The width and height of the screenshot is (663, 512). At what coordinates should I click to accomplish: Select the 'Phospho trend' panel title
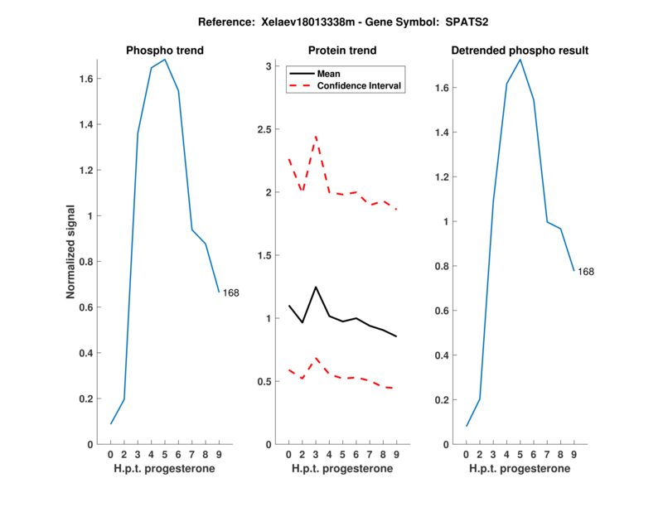[x=165, y=51]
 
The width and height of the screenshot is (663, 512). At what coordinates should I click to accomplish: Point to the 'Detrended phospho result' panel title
[x=520, y=51]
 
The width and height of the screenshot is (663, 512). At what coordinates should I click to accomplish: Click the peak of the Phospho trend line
[x=165, y=59]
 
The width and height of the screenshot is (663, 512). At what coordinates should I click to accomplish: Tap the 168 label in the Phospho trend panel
[x=231, y=292]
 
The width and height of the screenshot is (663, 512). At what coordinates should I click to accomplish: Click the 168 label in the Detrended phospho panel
[x=586, y=272]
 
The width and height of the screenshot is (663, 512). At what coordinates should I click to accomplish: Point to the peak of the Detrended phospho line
[x=520, y=59]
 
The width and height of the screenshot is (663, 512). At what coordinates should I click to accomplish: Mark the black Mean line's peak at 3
[x=316, y=287]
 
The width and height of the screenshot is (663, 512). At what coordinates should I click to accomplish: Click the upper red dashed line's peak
[x=316, y=136]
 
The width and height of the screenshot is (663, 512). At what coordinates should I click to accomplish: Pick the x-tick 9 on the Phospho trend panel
[x=219, y=454]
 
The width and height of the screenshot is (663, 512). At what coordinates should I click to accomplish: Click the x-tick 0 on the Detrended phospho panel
[x=466, y=454]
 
